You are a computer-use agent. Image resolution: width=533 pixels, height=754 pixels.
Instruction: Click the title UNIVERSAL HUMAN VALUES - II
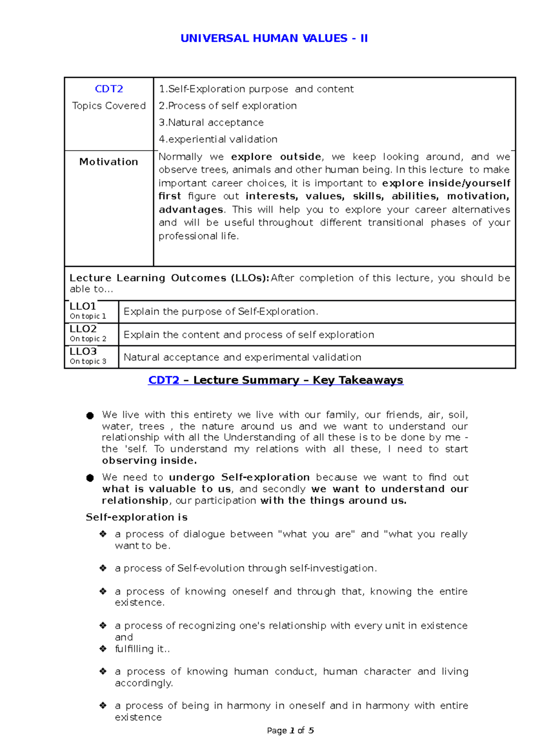(274, 38)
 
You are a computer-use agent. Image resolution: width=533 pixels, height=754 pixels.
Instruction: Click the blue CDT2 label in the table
(109, 89)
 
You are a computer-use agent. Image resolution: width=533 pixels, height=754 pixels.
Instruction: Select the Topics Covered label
(109, 106)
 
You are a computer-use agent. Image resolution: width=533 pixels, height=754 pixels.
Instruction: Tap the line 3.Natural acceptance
(211, 123)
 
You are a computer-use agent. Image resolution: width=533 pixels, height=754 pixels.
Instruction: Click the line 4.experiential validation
(218, 139)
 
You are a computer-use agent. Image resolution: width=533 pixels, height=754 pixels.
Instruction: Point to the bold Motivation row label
(109, 162)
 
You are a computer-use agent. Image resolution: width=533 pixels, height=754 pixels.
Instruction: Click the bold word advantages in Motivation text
(191, 210)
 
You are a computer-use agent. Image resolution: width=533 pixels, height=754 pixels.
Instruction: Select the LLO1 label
(83, 306)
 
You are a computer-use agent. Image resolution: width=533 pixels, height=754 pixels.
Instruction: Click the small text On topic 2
(88, 339)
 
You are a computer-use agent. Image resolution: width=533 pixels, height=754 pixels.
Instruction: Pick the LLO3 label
(83, 351)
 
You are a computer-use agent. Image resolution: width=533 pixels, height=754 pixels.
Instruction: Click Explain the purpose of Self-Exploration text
(221, 312)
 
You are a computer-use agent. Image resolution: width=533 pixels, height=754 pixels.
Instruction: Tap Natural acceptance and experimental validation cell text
(243, 357)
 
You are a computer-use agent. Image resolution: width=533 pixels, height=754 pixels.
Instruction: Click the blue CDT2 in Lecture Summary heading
(164, 380)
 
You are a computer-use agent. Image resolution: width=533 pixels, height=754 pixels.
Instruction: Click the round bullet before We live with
(90, 416)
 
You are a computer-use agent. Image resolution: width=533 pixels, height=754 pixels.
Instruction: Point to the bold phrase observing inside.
(149, 460)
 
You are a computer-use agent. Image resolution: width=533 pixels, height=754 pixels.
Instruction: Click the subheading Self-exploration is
(137, 517)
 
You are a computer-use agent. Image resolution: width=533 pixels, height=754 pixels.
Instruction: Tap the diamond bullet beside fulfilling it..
(103, 649)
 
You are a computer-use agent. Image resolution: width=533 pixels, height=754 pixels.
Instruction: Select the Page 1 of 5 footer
(290, 730)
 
